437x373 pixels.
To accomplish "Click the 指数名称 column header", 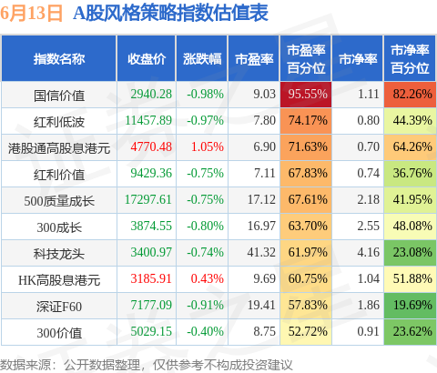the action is tap(59, 59).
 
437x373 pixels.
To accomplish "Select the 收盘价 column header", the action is tap(147, 59).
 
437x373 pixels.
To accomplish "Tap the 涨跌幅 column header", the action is tap(202, 59).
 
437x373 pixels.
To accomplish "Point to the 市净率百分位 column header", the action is tap(410, 59).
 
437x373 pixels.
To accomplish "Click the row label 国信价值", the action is tap(59, 96).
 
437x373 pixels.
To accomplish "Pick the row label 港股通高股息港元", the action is tap(59, 148).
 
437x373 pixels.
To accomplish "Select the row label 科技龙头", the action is tap(59, 254).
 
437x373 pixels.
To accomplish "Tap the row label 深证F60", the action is tap(59, 307).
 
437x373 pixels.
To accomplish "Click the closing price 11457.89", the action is tap(148, 120).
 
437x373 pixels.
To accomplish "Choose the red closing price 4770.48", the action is tap(151, 146).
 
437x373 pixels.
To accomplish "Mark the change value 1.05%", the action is tap(208, 146).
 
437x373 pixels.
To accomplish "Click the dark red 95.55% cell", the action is tap(306, 95).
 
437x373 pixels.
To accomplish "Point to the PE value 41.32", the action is tap(261, 252).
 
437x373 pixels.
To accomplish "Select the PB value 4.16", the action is tap(368, 252).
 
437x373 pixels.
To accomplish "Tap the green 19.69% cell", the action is tap(410, 306).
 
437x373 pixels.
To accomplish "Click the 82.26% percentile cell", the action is tap(410, 95).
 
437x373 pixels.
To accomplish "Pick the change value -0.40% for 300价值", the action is tap(205, 331).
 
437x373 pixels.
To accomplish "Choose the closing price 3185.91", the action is tap(151, 278).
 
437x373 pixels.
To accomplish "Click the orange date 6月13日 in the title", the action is tap(31, 14).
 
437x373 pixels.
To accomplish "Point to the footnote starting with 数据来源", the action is tap(147, 365).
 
